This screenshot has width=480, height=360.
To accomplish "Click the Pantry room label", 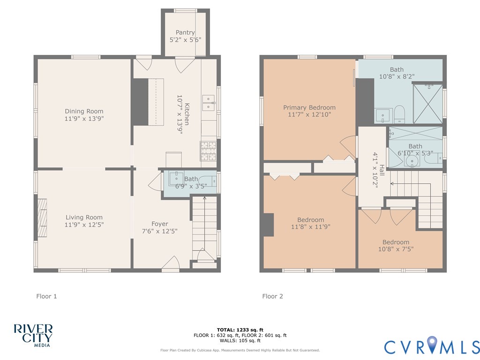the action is tap(185, 32).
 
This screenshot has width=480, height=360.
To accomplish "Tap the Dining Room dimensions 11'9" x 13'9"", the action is tap(84, 119).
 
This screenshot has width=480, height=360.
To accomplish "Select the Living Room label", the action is tap(84, 217).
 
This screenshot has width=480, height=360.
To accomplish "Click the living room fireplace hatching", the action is tap(42, 218).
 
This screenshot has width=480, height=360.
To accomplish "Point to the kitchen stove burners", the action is tap(209, 151).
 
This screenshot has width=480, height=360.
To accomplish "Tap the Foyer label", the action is tap(159, 224).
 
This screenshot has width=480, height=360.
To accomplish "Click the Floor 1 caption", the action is tap(46, 296).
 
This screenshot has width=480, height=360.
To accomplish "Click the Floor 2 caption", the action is tap(272, 296).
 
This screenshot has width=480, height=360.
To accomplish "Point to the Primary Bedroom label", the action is tap(309, 107).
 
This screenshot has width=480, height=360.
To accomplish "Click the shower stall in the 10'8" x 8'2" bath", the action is tap(428, 104).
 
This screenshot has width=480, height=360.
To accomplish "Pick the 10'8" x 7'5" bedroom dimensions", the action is tap(396, 249).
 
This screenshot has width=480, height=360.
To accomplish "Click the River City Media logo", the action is tap(33, 336).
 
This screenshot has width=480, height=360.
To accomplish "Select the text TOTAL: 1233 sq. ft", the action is tap(240, 330).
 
